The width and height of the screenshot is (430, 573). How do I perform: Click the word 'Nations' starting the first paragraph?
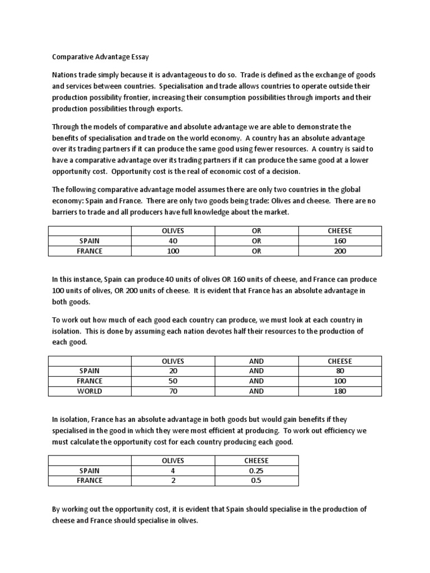pos(66,75)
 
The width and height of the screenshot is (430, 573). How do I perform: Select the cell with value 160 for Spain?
pos(340,241)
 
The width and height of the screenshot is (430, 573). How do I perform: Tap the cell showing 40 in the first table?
pos(172,241)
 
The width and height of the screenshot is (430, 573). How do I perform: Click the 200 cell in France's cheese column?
pos(340,251)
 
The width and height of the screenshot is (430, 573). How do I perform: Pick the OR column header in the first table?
pos(256,231)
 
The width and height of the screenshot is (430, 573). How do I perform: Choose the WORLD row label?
pos(90,391)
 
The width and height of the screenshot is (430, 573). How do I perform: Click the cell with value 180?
pos(340,391)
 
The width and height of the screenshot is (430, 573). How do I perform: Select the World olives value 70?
pos(172,391)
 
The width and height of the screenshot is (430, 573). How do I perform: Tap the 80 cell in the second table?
pos(340,371)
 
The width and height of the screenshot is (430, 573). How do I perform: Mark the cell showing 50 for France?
pos(172,381)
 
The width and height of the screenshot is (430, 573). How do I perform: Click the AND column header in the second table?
pos(256,361)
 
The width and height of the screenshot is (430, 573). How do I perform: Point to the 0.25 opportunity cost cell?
pos(256,471)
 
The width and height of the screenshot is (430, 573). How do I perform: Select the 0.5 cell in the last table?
pos(256,481)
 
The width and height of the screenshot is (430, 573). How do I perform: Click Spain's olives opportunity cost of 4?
pos(172,471)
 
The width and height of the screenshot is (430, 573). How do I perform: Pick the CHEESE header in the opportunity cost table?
pos(256,461)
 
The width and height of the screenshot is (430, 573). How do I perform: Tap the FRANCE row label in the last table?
pos(90,481)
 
